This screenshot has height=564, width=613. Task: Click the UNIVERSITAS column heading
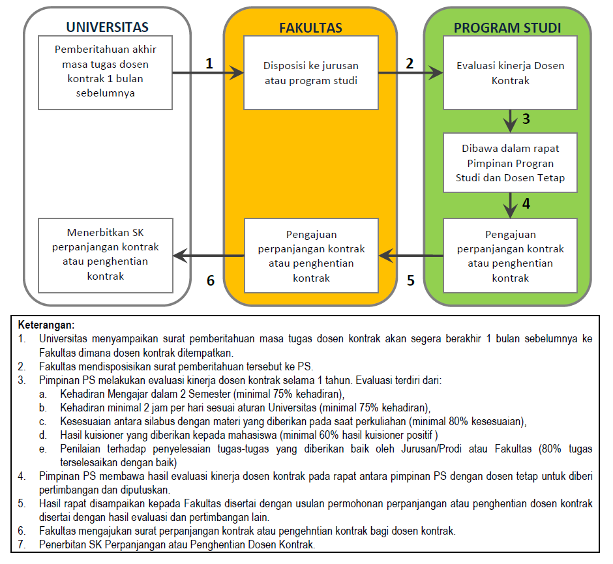click(107, 27)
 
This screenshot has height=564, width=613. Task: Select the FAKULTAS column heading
click(310, 27)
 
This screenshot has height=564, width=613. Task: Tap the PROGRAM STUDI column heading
click(507, 27)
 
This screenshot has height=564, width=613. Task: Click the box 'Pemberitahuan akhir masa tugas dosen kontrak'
click(106, 72)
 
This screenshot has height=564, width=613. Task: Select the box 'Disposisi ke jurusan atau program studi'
click(310, 72)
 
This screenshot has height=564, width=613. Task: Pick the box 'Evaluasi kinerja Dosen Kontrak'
click(510, 72)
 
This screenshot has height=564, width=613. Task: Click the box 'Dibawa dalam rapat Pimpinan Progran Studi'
click(510, 162)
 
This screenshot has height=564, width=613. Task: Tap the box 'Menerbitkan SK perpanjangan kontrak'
click(106, 254)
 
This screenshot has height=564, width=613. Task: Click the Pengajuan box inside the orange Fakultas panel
click(310, 255)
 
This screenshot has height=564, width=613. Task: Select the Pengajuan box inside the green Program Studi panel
click(510, 255)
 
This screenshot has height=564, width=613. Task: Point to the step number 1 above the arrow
click(209, 63)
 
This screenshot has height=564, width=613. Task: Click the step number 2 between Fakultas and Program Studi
click(410, 63)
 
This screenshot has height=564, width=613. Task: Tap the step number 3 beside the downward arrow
click(526, 119)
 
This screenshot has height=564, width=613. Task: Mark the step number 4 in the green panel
click(526, 203)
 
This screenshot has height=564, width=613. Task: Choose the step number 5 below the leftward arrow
click(410, 280)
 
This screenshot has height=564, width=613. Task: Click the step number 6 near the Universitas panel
click(210, 280)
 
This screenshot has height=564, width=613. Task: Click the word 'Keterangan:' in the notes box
click(46, 324)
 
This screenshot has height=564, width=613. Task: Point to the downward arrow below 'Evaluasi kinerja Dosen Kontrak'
click(510, 121)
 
